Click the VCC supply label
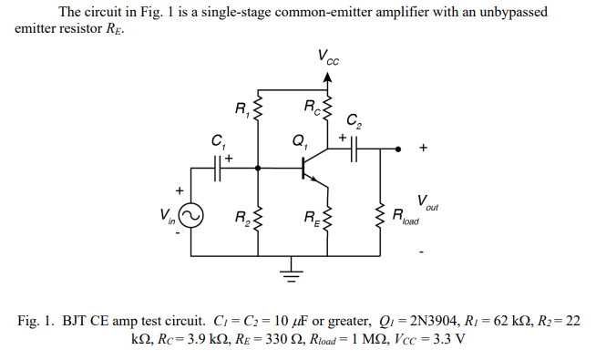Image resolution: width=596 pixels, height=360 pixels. (x=328, y=57)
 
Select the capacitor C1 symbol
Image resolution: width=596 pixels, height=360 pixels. (x=219, y=168)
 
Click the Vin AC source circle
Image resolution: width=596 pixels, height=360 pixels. (x=190, y=216)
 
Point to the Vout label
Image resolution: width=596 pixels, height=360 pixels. (x=424, y=202)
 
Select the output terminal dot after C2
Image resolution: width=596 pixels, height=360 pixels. (x=398, y=149)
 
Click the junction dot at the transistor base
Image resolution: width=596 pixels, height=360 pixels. (x=262, y=168)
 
